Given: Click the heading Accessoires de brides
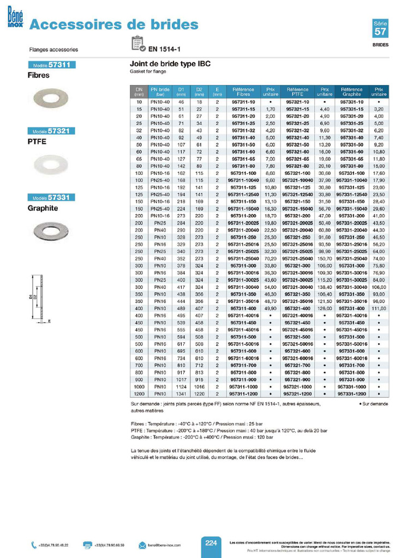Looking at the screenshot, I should point(113,25).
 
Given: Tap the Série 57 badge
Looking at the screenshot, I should point(380,29).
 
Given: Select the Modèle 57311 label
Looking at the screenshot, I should point(51,65).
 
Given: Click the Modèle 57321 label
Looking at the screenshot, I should point(51,131).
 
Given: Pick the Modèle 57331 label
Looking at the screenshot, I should point(51,197).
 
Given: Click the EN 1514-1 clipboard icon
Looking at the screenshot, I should point(138,44).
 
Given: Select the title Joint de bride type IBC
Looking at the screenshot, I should point(170,64).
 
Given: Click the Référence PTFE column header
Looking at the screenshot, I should point(297,92).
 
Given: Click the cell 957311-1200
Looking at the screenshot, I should point(243,393).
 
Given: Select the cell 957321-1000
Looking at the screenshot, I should point(297,386).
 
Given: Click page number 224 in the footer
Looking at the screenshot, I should point(212,543).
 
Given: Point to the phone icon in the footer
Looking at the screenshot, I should point(34,545).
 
